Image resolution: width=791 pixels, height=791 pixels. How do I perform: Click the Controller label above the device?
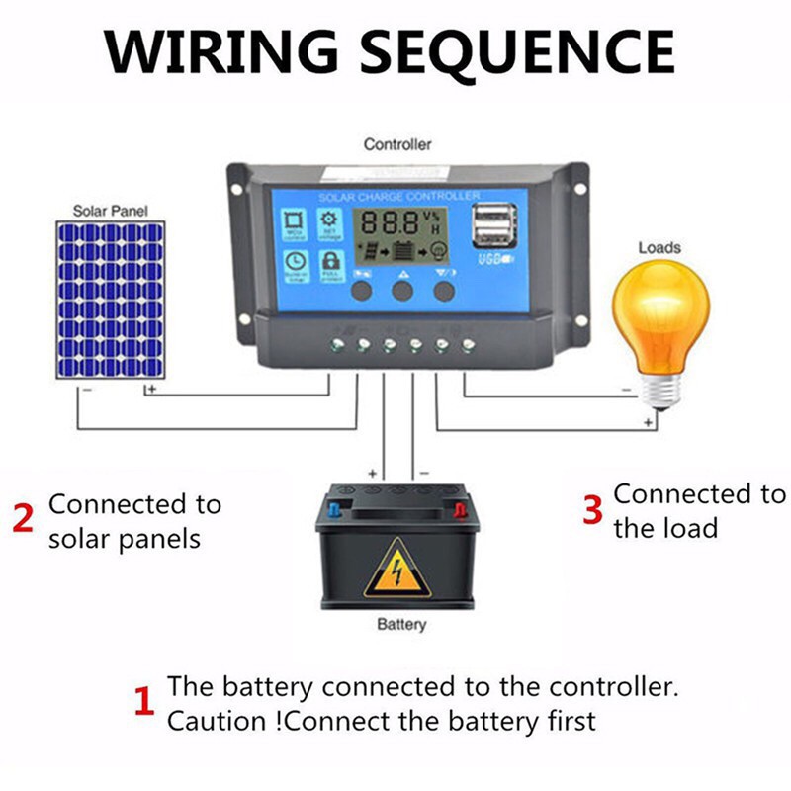click(x=397, y=144)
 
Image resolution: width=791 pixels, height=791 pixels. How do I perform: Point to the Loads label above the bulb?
click(x=659, y=247)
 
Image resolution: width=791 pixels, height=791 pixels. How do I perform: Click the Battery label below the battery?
click(x=401, y=624)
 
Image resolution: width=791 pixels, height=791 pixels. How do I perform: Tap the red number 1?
click(x=143, y=703)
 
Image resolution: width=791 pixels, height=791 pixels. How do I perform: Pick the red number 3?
click(x=591, y=510)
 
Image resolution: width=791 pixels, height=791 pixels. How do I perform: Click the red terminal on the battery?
click(x=460, y=511)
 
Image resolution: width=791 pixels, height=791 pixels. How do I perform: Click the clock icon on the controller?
click(x=294, y=262)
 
